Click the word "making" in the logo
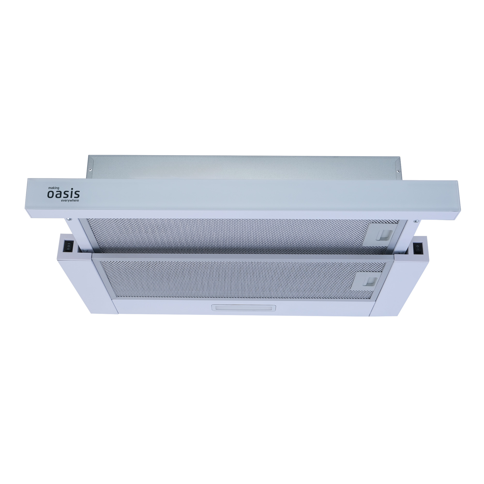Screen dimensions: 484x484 [x=54, y=188]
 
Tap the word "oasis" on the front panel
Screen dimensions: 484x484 [x=63, y=194]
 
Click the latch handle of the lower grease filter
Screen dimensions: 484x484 [x=371, y=281]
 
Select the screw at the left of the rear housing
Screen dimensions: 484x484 [x=91, y=170]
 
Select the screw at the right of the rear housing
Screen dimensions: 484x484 [x=397, y=172]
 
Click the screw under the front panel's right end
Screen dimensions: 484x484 [x=416, y=221]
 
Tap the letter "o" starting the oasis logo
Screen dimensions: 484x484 [x=51, y=195]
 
